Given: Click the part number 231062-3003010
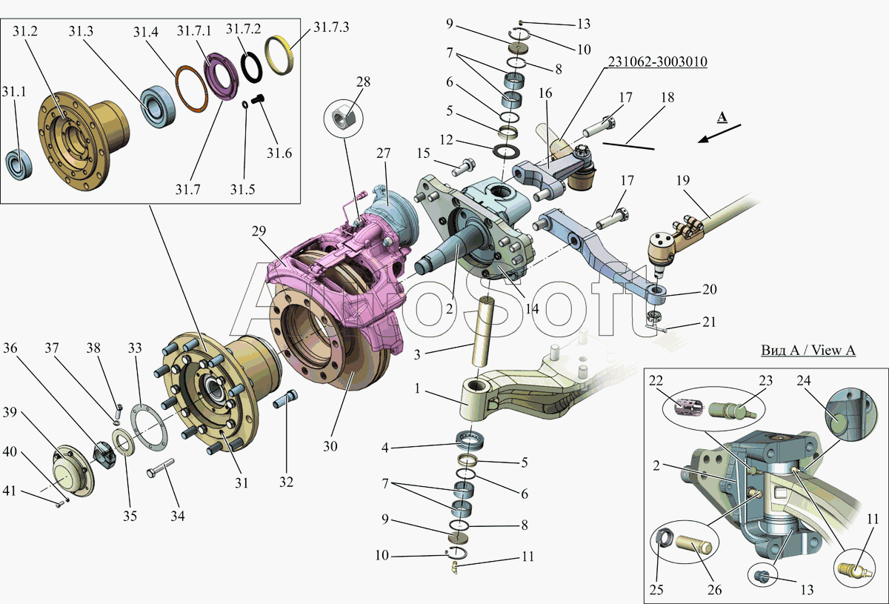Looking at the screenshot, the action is click(657, 62).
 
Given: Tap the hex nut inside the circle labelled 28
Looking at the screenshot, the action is click(343, 118).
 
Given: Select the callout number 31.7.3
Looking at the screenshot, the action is click(331, 27).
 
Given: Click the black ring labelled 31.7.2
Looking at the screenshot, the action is click(252, 67).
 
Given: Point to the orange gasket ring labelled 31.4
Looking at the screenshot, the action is click(191, 90).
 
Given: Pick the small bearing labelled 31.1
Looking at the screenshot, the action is click(19, 164).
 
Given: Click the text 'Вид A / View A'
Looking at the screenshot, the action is click(808, 351).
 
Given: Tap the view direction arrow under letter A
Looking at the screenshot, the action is click(719, 133).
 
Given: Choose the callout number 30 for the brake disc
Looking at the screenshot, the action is click(330, 446).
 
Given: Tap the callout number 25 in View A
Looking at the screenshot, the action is click(656, 589).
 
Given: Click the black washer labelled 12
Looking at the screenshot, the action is click(507, 151).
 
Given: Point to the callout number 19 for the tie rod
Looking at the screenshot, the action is click(683, 180).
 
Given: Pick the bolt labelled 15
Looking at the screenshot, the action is click(464, 167).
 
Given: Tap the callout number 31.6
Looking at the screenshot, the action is click(279, 153).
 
